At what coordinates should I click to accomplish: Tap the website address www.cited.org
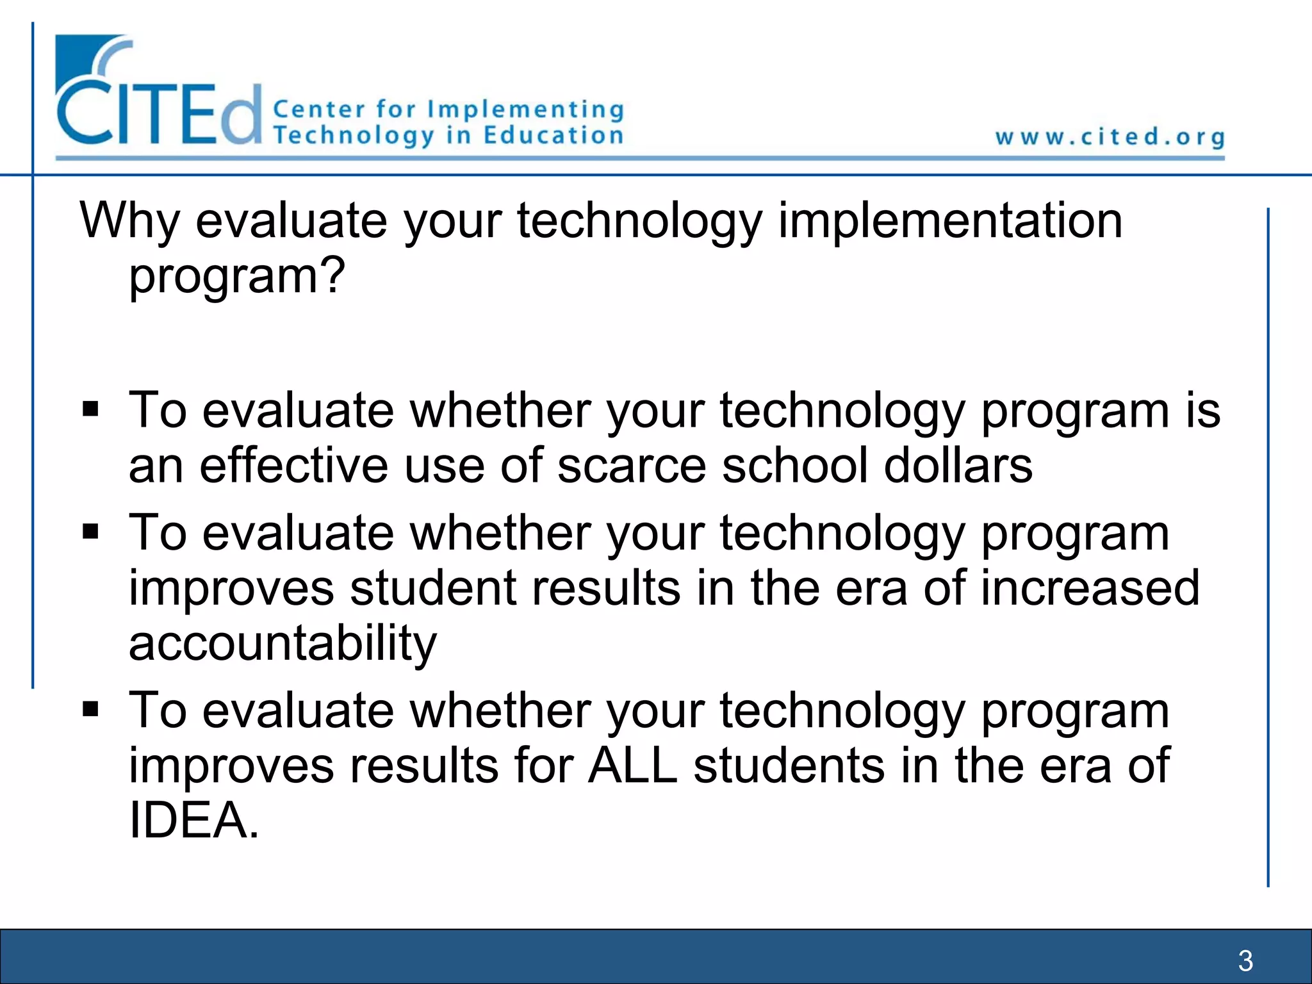coord(1110,137)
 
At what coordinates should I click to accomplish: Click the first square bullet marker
coord(91,409)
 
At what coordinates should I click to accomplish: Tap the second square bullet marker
coord(91,532)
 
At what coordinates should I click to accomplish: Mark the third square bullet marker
coord(91,709)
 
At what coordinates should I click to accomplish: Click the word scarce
coord(632,466)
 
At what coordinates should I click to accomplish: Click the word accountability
coord(283,643)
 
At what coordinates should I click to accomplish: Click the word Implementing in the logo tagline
coord(525,110)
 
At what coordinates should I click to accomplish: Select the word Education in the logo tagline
coord(553,136)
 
